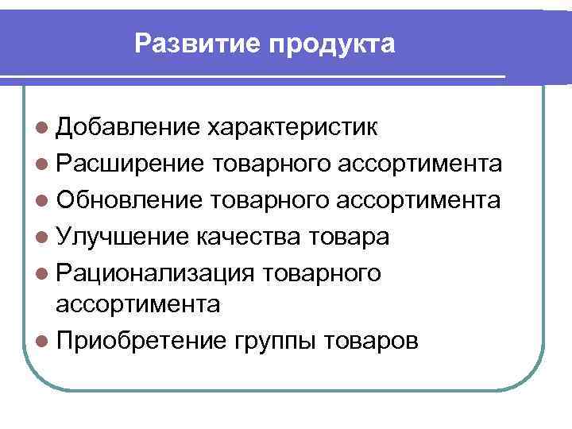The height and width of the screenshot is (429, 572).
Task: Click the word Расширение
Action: [x=130, y=164]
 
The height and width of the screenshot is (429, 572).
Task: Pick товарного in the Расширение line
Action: [x=272, y=164]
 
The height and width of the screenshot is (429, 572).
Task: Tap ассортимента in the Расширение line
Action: [x=419, y=164]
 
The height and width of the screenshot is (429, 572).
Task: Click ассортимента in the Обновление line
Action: [x=419, y=200]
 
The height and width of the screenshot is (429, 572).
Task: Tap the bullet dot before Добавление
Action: [x=42, y=127]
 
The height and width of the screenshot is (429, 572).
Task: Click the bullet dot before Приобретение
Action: [x=42, y=341]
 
